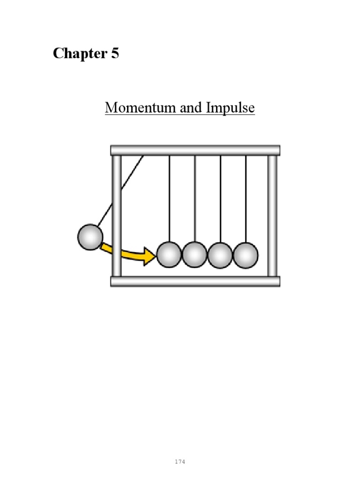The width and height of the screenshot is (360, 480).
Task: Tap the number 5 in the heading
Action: click(x=115, y=54)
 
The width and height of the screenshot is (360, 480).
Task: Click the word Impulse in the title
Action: click(x=230, y=108)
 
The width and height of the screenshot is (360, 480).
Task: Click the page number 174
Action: click(x=180, y=449)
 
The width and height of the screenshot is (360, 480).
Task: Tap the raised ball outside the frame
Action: click(x=90, y=237)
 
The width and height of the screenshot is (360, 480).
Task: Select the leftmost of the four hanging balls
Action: click(x=169, y=255)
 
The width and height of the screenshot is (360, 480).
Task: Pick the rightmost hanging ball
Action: click(x=246, y=255)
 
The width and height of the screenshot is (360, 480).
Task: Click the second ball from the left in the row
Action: click(x=195, y=255)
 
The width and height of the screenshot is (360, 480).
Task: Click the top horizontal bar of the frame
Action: click(x=195, y=150)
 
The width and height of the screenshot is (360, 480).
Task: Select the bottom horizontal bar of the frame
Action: click(x=195, y=281)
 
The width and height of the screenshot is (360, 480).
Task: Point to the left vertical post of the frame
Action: click(x=117, y=216)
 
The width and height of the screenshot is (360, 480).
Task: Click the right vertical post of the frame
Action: click(x=272, y=216)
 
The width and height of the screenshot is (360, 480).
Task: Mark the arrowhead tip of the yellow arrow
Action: click(x=155, y=256)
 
